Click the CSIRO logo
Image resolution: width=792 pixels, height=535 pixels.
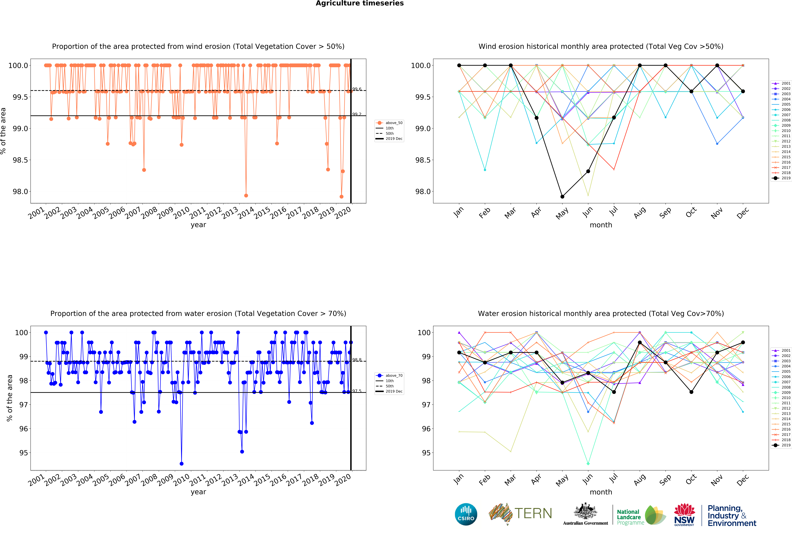[x=466, y=514]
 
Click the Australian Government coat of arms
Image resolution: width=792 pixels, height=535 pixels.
[x=585, y=511]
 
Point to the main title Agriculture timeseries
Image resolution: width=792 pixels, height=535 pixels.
[x=360, y=3]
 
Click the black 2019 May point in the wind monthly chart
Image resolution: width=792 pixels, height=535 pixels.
[x=562, y=197]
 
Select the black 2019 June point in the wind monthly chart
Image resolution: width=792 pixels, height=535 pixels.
[x=588, y=171]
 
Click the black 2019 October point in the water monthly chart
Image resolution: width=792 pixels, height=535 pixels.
[x=691, y=392]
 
